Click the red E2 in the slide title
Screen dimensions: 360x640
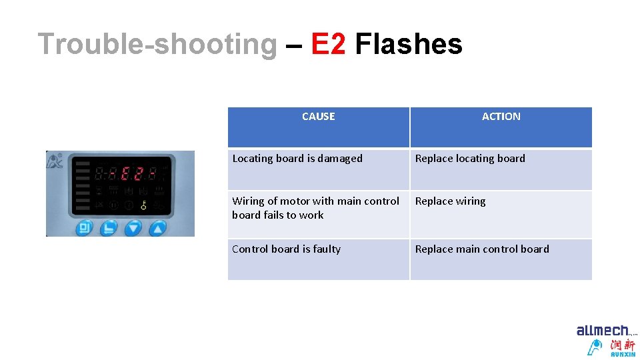point(328,45)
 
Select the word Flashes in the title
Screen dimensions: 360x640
point(408,45)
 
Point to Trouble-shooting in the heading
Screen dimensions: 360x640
point(157,45)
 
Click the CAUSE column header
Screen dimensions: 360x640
point(318,117)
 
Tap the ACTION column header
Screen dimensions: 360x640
point(501,117)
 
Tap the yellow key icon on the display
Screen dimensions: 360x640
point(143,205)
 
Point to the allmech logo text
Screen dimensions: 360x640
point(603,331)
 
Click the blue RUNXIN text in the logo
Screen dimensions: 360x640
point(623,354)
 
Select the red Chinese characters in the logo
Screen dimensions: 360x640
point(623,345)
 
